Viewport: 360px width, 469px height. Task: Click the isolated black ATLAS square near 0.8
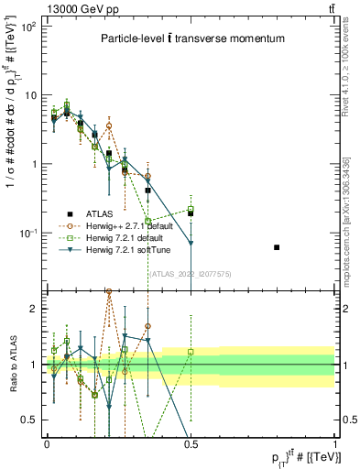pos(278,247)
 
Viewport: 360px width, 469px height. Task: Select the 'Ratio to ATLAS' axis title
pos(11,365)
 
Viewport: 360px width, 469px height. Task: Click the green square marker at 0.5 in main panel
pos(191,209)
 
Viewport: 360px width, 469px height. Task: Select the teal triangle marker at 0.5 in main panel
pos(191,243)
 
